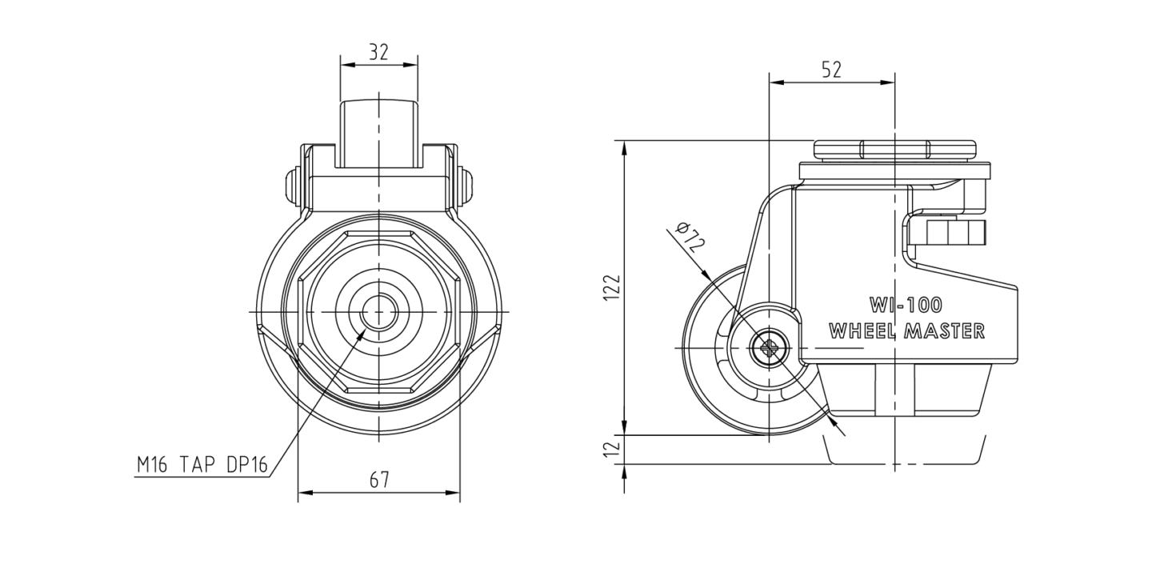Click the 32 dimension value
(x=378, y=52)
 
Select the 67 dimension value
(x=379, y=480)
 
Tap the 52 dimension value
(x=832, y=70)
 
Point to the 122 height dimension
(x=612, y=287)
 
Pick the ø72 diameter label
(x=691, y=237)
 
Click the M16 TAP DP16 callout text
(x=202, y=465)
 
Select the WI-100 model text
(x=906, y=306)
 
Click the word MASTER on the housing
(x=944, y=331)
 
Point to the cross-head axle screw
(x=770, y=347)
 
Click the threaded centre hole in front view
(x=379, y=312)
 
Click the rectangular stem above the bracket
(x=379, y=134)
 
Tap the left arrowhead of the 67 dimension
(x=305, y=493)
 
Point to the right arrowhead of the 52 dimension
(x=888, y=82)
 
